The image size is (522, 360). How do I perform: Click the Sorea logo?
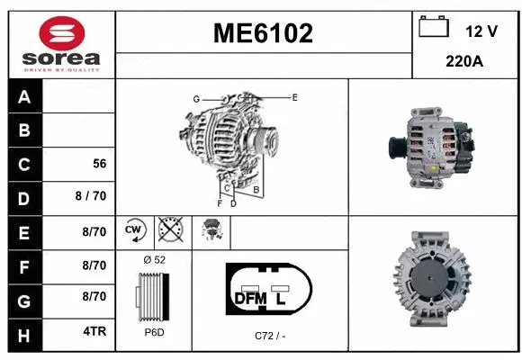pyautogui.click(x=60, y=43)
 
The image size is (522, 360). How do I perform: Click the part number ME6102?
pyautogui.click(x=263, y=34)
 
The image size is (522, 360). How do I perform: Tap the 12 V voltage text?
pyautogui.click(x=481, y=31)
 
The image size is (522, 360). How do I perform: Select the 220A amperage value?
pyautogui.click(x=466, y=62)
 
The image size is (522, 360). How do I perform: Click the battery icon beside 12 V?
pyautogui.click(x=434, y=28)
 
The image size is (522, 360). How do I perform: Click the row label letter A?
pyautogui.click(x=24, y=97)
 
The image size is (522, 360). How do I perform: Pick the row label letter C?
pyautogui.click(x=24, y=165)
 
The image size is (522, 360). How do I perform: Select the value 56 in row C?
pyautogui.click(x=100, y=165)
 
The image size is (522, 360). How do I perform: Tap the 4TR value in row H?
pyautogui.click(x=94, y=331)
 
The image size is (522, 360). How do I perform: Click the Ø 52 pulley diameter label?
pyautogui.click(x=154, y=259)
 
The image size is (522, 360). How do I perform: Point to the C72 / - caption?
pyautogui.click(x=269, y=336)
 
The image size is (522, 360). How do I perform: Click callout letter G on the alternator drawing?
pyautogui.click(x=195, y=98)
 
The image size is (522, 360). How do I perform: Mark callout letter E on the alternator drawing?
pyautogui.click(x=294, y=96)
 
